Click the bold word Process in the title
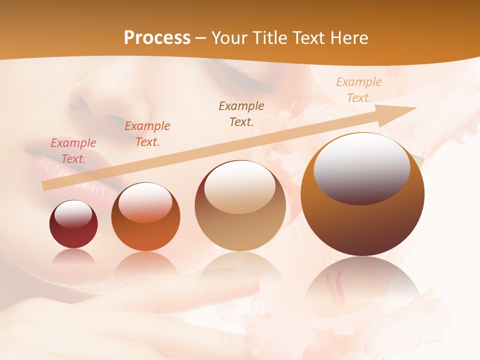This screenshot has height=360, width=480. coord(157,38)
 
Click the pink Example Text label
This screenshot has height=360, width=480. coord(73,151)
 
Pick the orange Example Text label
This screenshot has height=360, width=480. coord(147,134)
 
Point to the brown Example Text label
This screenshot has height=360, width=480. coord(241,113)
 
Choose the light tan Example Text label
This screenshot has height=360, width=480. coord(358,90)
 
